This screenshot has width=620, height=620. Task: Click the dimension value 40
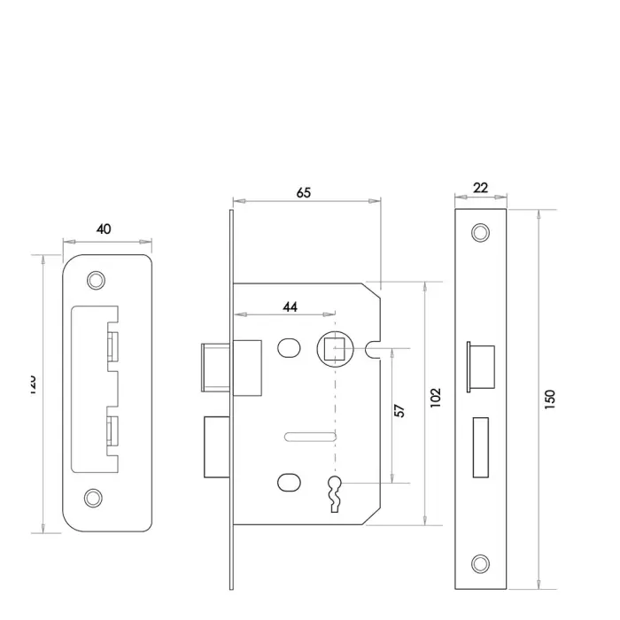pos(104,229)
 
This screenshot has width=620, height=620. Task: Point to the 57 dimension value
pos(399,412)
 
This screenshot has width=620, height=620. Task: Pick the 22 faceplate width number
pos(480,188)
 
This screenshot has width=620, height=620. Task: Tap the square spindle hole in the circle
pos(336,350)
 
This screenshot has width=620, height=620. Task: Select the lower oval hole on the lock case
pos(288,482)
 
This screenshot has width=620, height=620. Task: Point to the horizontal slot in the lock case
pos(310,435)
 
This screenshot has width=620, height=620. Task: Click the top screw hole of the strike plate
pos(93,279)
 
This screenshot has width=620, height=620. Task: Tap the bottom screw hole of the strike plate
pos(93,498)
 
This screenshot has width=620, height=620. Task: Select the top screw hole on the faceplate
pos(480,233)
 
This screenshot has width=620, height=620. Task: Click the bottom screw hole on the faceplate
pos(480,562)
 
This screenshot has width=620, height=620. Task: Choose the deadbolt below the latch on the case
pos(217,446)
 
